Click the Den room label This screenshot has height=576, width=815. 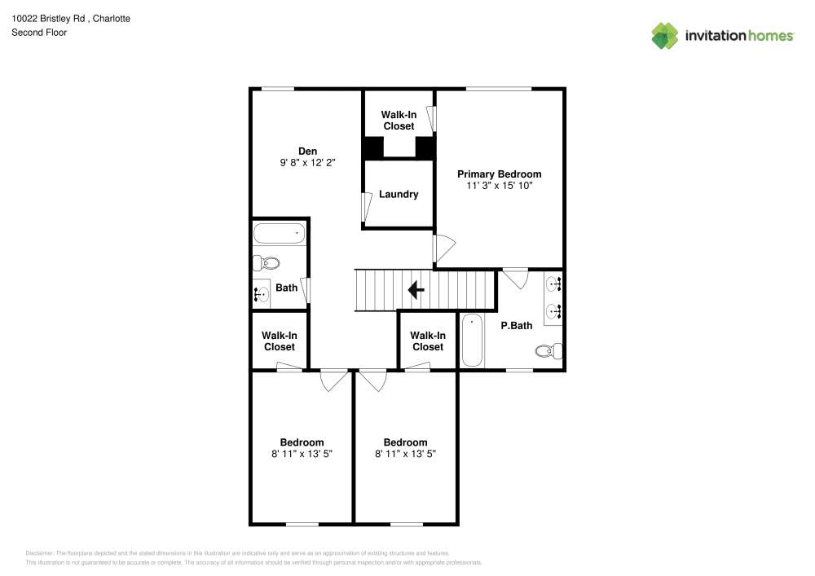pos(307,151)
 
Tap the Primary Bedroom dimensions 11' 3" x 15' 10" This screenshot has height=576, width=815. pos(499,186)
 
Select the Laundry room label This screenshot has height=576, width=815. pos(399,194)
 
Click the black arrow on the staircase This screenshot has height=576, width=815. pos(416,290)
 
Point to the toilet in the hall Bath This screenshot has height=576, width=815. pos(267,263)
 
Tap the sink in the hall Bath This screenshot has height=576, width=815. pos(262,294)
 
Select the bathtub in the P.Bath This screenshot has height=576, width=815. pos(473,341)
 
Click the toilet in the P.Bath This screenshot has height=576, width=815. pos(548,351)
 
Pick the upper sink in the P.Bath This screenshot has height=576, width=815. pos(553,285)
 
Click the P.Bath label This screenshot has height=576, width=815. pos(516,326)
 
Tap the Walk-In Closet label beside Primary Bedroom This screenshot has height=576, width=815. pos(399,121)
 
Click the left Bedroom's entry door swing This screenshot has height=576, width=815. pos(333,380)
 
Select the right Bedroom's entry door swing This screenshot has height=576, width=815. pos(373,380)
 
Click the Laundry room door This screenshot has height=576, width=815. pos(367,207)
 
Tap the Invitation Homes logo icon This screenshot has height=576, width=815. pos(665,36)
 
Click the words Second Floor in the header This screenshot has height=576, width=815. pos(39,33)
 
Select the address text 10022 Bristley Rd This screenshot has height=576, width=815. pos(48,18)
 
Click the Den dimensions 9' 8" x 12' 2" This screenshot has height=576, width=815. pos(307,163)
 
